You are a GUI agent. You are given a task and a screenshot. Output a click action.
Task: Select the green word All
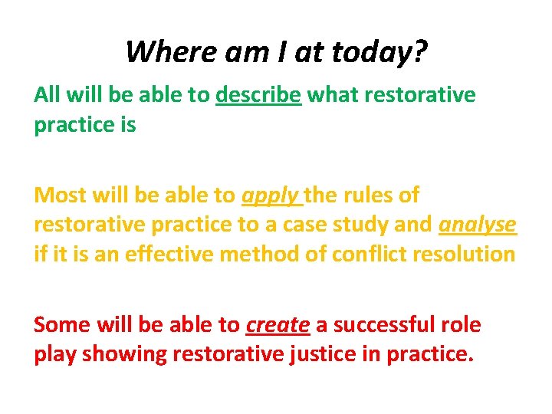pyautogui.click(x=47, y=95)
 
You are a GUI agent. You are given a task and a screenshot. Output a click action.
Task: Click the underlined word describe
pyautogui.click(x=258, y=95)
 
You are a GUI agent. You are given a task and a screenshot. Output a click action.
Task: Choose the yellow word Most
pyautogui.click(x=59, y=195)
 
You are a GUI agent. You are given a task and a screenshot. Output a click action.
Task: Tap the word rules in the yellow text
pyautogui.click(x=366, y=195)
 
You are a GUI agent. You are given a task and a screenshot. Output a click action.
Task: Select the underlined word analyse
pyautogui.click(x=477, y=225)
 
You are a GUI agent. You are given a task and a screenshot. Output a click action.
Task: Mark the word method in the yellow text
pyautogui.click(x=258, y=255)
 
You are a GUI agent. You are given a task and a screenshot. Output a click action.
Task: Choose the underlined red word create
pyautogui.click(x=278, y=325)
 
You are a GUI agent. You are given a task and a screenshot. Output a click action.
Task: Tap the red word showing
pyautogui.click(x=123, y=354)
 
